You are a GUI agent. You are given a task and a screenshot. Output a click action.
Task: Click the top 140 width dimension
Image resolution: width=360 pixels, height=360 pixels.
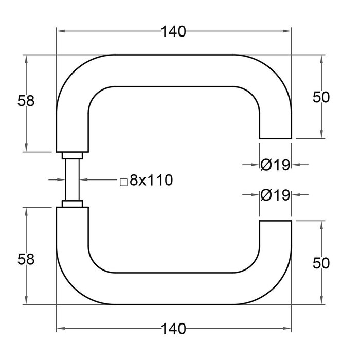[x=173, y=32]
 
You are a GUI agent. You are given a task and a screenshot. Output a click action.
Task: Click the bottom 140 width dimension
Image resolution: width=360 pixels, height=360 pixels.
[x=173, y=328]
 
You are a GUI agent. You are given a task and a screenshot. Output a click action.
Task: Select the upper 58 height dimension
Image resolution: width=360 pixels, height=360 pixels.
[x=26, y=101]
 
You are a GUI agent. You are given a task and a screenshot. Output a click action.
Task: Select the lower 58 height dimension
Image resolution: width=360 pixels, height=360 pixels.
[x=26, y=259]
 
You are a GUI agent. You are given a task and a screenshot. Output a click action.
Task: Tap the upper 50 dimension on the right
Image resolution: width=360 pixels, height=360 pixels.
[x=320, y=97]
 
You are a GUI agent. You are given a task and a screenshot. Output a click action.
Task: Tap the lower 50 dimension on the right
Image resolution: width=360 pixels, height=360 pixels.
[x=320, y=263]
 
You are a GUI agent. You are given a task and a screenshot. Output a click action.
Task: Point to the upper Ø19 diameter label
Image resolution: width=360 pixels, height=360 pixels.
[x=276, y=165]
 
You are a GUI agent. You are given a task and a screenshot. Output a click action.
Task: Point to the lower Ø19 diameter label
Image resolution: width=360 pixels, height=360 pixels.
[x=276, y=195]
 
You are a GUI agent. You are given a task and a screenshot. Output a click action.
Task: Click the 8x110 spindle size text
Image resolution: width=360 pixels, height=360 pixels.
[x=151, y=180]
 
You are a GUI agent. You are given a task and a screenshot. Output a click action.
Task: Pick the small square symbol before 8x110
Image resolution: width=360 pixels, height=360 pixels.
[x=123, y=182]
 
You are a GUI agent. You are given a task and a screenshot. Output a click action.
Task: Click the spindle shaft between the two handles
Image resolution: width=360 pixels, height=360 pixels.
[x=71, y=180]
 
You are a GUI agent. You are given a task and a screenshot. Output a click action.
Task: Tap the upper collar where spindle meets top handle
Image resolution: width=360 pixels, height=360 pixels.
[x=71, y=155]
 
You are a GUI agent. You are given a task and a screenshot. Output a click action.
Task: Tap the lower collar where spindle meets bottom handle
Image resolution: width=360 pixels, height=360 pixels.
[x=71, y=204]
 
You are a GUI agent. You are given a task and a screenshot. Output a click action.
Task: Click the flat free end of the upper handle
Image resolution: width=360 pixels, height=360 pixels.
[x=275, y=138]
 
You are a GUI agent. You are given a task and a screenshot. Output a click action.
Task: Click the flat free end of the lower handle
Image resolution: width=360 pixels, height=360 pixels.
[x=275, y=221]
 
